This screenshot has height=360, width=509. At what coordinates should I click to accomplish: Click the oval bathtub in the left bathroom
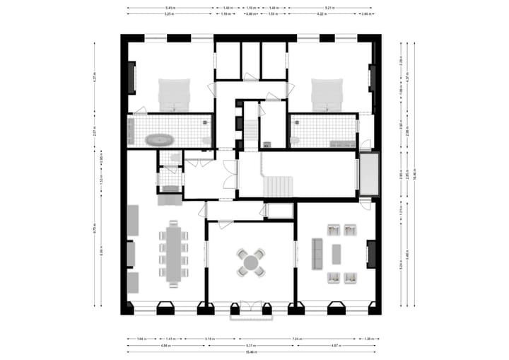click(158, 139)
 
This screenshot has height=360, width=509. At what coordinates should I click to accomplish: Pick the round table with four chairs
click(251, 262)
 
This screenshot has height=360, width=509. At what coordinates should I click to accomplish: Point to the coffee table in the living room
click(336, 253)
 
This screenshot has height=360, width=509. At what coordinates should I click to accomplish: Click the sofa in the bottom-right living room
click(317, 252)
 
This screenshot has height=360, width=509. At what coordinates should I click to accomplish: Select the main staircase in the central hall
click(277, 187)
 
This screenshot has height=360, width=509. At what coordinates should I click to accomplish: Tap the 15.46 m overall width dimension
click(251, 352)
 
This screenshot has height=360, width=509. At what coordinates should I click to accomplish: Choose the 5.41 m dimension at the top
click(170, 8)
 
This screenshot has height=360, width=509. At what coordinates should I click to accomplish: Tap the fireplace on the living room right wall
click(371, 254)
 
